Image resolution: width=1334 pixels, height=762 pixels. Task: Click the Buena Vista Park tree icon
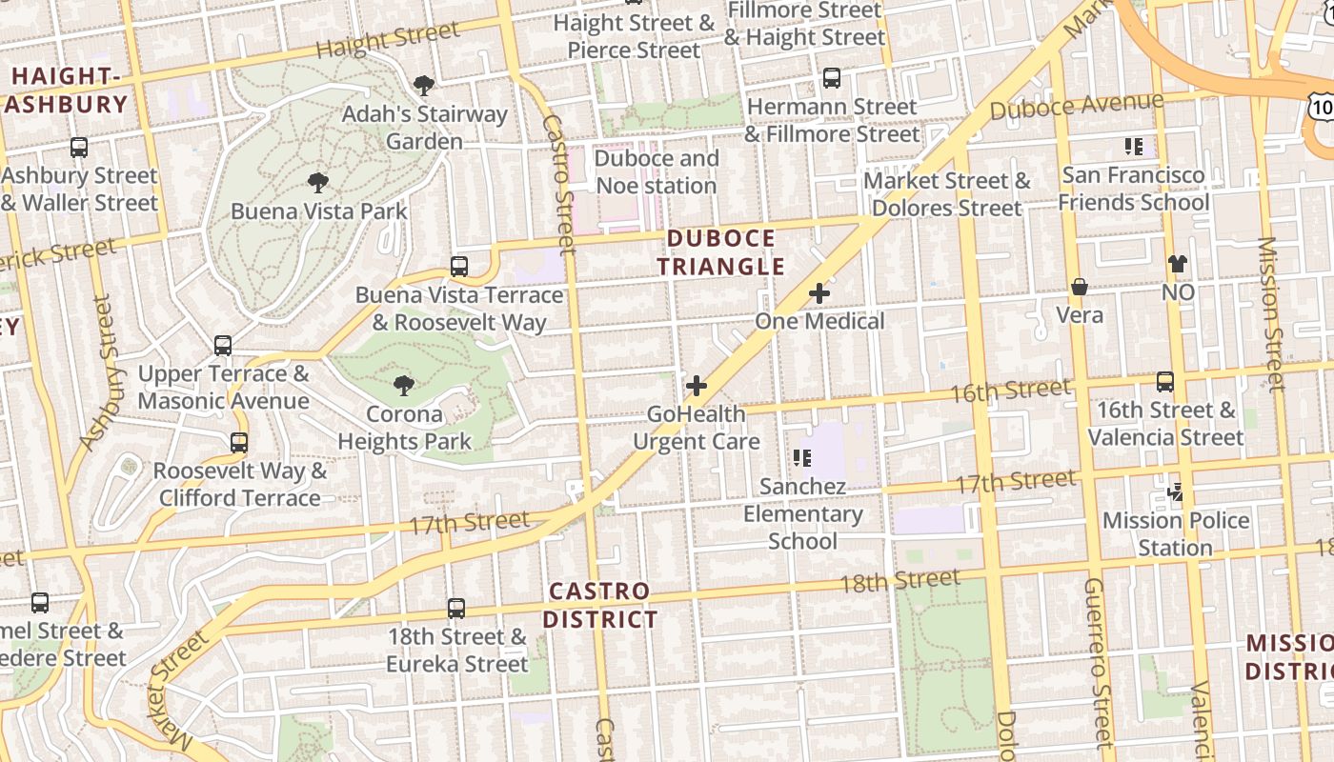coord(318,182)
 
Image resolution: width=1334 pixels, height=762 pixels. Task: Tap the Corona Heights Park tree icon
coord(404,386)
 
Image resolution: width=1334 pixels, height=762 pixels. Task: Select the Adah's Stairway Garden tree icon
coord(424,86)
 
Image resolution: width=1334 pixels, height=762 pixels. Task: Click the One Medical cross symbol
coord(819,293)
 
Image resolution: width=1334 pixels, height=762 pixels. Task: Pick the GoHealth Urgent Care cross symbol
coord(697,386)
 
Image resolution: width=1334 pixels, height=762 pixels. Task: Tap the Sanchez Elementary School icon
coord(803,458)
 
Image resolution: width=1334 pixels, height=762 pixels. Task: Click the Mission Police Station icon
coord(1176,492)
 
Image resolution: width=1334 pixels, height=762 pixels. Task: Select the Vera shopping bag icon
coord(1080,287)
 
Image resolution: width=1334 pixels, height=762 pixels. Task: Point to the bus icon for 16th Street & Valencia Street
coord(1165,382)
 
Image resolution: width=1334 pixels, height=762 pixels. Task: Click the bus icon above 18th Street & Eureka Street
coord(456,608)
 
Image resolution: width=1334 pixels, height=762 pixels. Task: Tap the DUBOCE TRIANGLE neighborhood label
coord(720,252)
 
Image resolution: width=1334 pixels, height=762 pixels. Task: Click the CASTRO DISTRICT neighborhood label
coord(600,606)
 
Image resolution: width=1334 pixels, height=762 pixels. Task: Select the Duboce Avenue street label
coord(1077,106)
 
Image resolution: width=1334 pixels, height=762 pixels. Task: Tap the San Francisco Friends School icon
coord(1134,147)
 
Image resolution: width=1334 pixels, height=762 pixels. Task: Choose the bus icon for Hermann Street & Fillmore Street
coord(832,78)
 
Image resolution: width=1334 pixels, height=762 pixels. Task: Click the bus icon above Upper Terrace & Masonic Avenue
coord(223,346)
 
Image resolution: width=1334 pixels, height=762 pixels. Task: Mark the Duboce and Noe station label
coord(656,171)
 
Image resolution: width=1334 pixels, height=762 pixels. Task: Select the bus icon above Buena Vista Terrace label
coord(459,267)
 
